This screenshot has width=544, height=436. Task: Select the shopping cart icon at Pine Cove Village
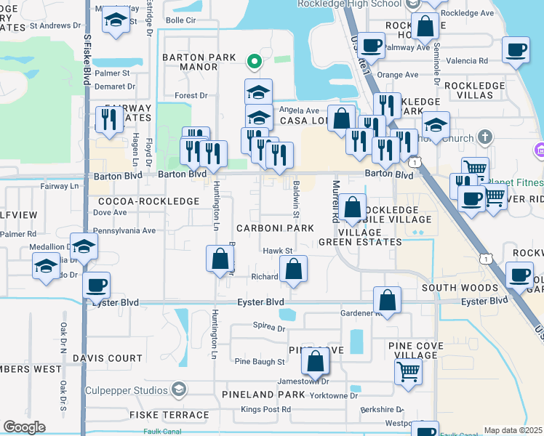pos(408,371)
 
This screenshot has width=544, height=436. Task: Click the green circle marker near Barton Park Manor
pos(253,61)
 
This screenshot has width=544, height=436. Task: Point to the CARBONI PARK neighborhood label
pos(276,228)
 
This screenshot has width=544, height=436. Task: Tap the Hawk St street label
pos(277,251)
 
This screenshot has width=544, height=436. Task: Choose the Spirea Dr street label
pos(268,328)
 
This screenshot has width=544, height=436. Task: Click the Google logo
pos(24,427)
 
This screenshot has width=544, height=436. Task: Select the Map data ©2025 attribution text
pos(513,430)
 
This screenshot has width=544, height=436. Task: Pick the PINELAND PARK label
pos(274,395)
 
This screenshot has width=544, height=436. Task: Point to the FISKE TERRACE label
pos(169,414)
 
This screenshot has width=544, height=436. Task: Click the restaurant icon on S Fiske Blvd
pos(109,119)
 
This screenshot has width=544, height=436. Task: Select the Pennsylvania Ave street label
pos(125,230)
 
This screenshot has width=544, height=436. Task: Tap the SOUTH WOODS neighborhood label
pos(460,288)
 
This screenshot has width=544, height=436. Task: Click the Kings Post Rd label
pos(266,410)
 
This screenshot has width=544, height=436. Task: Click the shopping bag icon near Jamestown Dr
pos(316,361)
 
